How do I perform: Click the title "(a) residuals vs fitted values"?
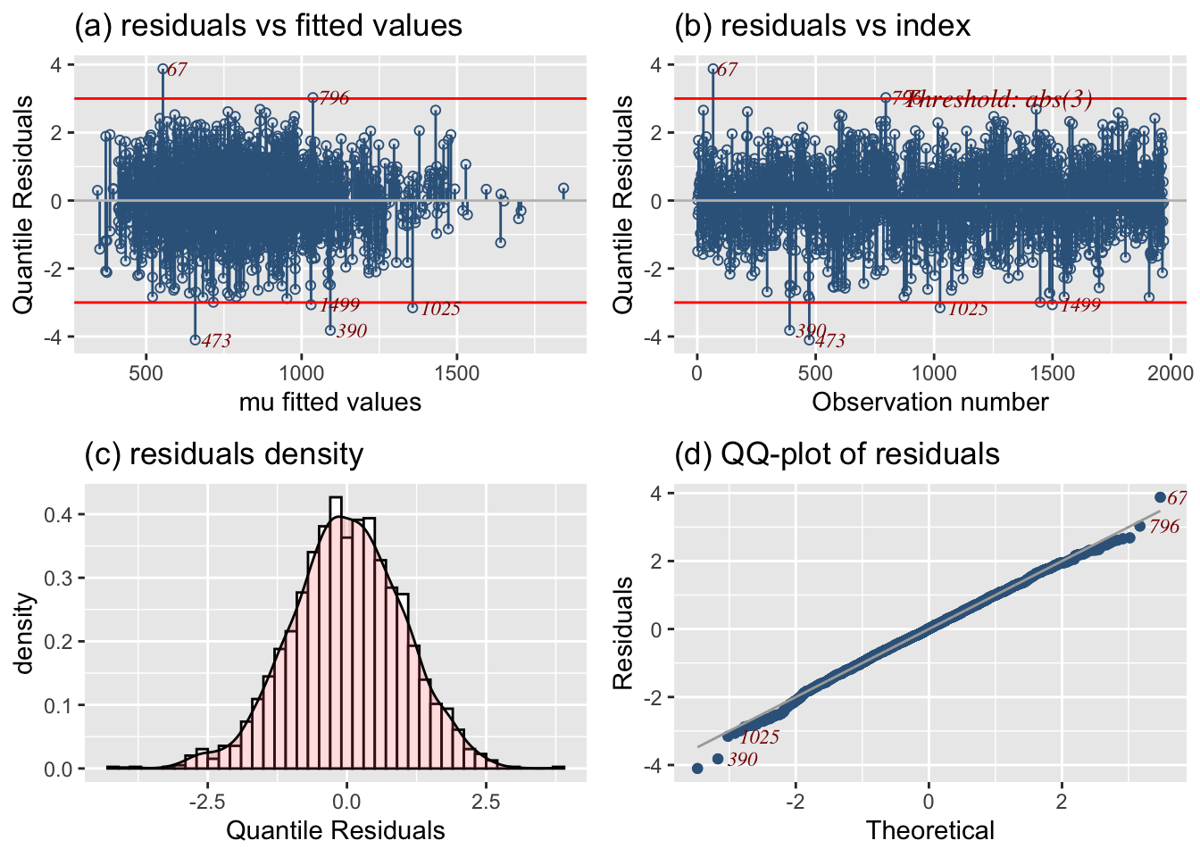click(268, 25)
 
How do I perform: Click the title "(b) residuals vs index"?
click(821, 25)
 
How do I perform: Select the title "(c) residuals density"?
click(223, 453)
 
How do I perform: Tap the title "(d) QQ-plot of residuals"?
click(837, 453)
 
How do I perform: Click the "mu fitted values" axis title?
click(330, 402)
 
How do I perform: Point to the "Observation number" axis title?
click(929, 402)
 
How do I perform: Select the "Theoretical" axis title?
click(929, 830)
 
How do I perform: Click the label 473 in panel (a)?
click(216, 341)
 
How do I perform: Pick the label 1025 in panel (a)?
click(440, 309)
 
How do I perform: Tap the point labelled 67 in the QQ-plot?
click(1160, 497)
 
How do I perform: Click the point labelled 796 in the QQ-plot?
click(1140, 527)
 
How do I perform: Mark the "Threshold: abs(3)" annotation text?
click(1000, 98)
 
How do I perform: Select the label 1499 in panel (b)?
click(1080, 305)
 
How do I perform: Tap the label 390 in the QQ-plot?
click(742, 760)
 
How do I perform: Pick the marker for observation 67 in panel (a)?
click(163, 69)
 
